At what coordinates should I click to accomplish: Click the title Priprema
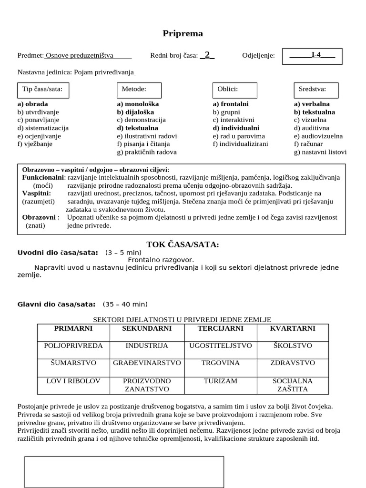(183, 33)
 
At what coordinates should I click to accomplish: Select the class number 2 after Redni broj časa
(207, 55)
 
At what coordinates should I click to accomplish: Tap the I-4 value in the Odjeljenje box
(315, 55)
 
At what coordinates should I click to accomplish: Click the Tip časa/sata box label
(42, 89)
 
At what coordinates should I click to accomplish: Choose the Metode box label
(134, 89)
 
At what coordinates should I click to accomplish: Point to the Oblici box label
(227, 89)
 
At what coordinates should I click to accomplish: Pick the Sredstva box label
(312, 89)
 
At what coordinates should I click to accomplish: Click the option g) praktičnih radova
(147, 152)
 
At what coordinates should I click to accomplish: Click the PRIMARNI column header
(73, 328)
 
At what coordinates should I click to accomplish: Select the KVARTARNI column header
(293, 328)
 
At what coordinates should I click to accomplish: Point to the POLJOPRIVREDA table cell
(73, 345)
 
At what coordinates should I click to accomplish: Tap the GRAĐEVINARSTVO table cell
(147, 363)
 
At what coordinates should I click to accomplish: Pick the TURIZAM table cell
(220, 381)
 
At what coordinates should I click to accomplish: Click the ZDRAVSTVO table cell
(293, 363)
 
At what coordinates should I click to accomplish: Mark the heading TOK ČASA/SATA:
(183, 244)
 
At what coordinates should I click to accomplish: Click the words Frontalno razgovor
(161, 260)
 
